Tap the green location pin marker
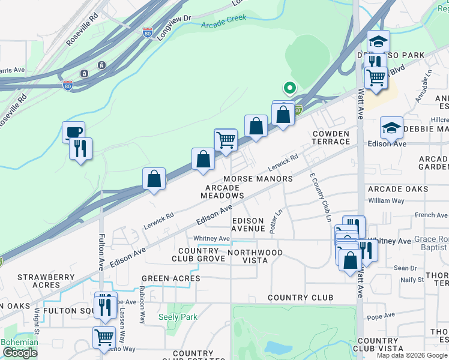pyautogui.click(x=289, y=89)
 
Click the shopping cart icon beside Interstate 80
pyautogui.click(x=226, y=140)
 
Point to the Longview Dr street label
pyautogui.click(x=173, y=27)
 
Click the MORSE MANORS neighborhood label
pyautogui.click(x=258, y=179)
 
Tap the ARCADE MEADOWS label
pyautogui.click(x=222, y=192)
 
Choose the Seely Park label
pyautogui.click(x=173, y=317)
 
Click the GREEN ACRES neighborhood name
pyautogui.click(x=170, y=278)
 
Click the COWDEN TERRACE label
pyautogui.click(x=330, y=137)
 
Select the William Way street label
pyautogui.click(x=387, y=200)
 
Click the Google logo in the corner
pyautogui.click(x=20, y=353)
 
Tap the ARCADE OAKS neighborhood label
pyautogui.click(x=398, y=189)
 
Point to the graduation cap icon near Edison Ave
pyautogui.click(x=391, y=128)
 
